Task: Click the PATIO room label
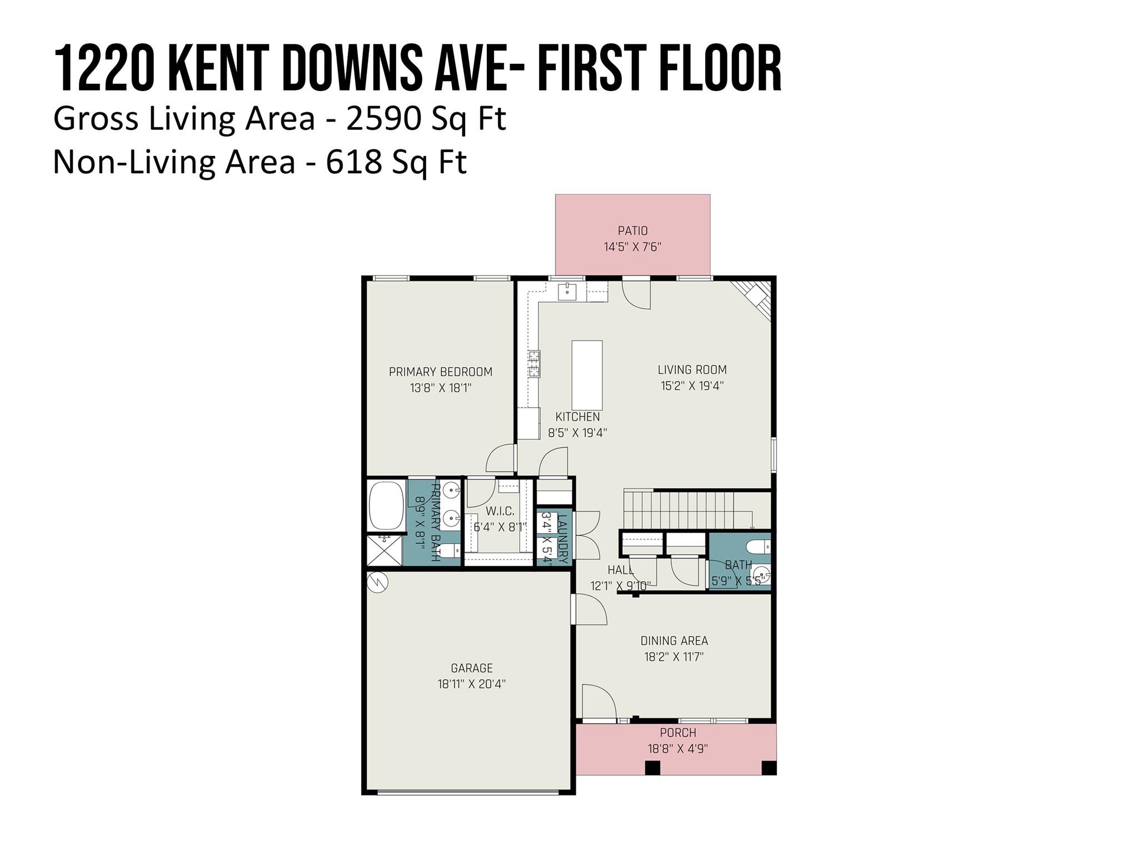tap(632, 230)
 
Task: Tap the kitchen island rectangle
tap(587, 375)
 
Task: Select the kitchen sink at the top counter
tap(567, 290)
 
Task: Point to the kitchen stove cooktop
tap(534, 364)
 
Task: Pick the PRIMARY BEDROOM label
tap(440, 372)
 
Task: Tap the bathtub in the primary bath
tap(386, 505)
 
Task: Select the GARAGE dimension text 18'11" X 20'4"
tap(471, 684)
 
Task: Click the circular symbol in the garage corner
tap(377, 582)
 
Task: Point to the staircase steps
tap(687, 509)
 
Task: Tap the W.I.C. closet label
tap(500, 511)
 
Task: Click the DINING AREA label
tap(674, 641)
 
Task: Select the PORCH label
tap(678, 732)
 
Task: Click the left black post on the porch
tap(652, 767)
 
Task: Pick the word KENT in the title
tap(219, 69)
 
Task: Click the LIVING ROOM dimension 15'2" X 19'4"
tap(692, 385)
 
